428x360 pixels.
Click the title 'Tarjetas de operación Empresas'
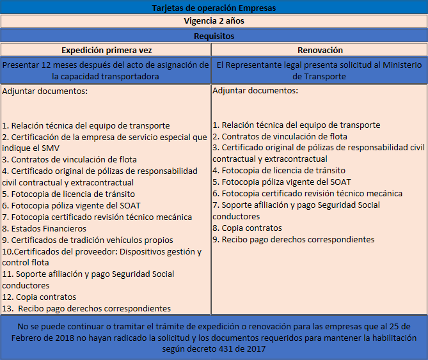tap(214, 8)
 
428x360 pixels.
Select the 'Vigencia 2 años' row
tap(214, 21)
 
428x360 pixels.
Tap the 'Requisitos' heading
tap(214, 36)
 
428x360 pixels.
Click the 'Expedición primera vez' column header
tap(106, 50)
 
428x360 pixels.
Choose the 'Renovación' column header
tap(320, 50)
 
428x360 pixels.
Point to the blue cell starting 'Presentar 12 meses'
tap(106, 70)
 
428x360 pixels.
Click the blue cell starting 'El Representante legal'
tap(319, 70)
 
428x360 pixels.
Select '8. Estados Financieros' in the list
tap(44, 228)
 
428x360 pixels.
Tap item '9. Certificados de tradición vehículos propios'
tap(88, 240)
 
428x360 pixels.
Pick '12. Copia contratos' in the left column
tap(39, 297)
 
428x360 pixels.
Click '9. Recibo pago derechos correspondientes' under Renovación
tap(294, 239)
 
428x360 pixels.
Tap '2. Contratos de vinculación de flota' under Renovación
tap(280, 136)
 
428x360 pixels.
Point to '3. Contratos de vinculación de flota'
tap(69, 159)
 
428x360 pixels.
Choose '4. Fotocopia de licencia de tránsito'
tap(279, 170)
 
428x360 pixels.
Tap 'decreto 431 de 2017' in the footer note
tap(235, 349)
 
